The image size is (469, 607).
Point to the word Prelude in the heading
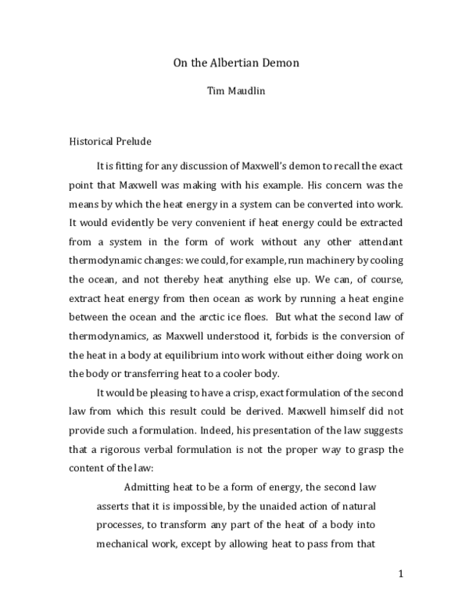click(x=135, y=142)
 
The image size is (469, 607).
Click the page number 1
click(x=400, y=573)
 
